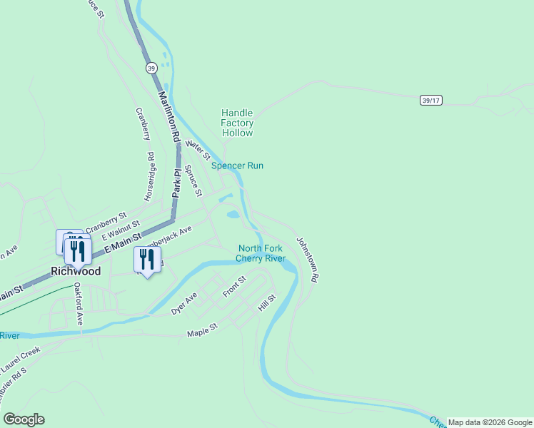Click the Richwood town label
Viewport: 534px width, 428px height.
click(75, 271)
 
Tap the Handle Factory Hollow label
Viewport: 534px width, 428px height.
click(237, 123)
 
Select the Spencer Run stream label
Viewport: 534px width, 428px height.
click(237, 165)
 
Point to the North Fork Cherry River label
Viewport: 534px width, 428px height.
click(261, 253)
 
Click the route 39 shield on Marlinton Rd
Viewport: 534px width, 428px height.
click(151, 68)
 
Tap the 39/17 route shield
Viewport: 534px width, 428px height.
click(430, 101)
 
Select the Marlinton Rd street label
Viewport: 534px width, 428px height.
click(168, 118)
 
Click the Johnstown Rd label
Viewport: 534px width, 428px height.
click(308, 258)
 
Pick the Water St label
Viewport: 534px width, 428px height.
click(198, 150)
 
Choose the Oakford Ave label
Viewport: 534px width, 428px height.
click(79, 306)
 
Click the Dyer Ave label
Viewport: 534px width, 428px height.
click(183, 305)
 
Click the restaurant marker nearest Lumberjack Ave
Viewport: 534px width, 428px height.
click(147, 260)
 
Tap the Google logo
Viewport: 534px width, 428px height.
click(24, 419)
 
